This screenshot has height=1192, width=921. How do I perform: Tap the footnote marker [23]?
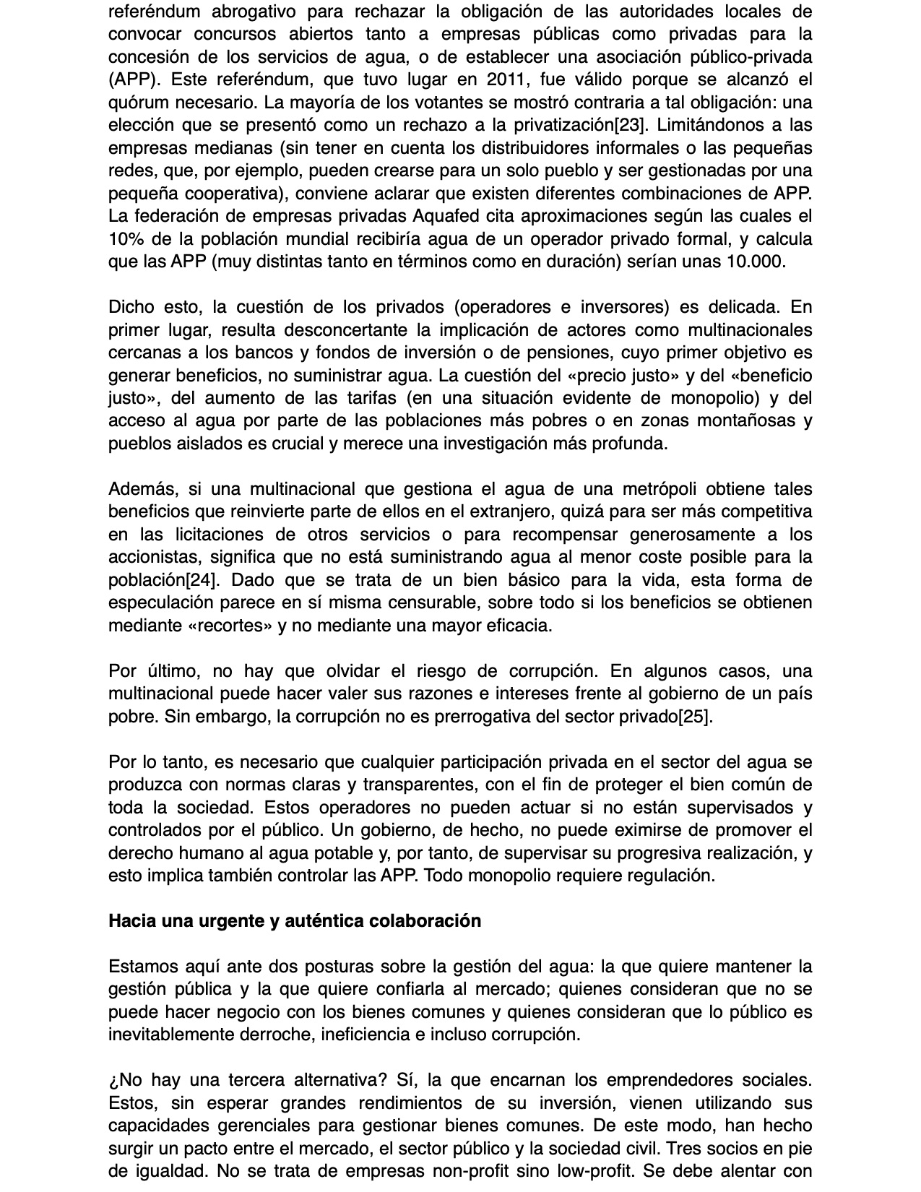tap(629, 125)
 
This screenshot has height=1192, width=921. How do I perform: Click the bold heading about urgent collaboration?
tap(295, 921)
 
